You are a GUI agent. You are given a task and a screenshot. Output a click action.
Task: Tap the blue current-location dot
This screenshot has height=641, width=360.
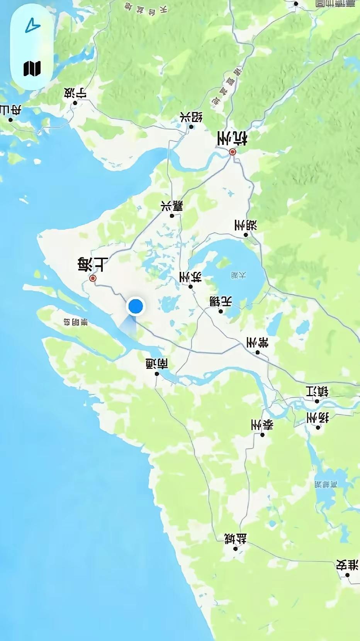coord(136,306)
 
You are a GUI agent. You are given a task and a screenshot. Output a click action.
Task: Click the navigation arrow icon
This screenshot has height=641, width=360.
coord(32,27)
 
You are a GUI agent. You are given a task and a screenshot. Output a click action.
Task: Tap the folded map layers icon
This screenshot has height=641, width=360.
coord(32,69)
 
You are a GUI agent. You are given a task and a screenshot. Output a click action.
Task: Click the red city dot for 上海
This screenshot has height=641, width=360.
coord(93,278)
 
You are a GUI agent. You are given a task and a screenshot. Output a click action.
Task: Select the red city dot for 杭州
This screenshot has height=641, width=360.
coord(233,152)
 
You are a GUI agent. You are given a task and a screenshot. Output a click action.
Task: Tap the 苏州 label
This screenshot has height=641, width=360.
coord(190,277)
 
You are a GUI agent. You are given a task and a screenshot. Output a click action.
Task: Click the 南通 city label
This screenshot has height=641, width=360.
coord(157,364)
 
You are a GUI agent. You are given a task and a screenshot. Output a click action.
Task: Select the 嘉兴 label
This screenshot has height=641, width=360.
coord(172,206)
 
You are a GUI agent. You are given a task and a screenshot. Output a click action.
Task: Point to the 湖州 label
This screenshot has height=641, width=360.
coord(246,225)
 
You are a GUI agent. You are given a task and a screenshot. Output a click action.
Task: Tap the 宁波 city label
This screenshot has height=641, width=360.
coord(75,93)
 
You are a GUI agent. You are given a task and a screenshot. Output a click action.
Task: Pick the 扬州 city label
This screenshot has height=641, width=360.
coord(318,418)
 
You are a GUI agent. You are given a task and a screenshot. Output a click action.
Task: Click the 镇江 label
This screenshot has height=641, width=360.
coord(317,392)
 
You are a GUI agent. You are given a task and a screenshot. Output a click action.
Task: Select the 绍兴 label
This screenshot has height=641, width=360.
coord(191,117)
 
